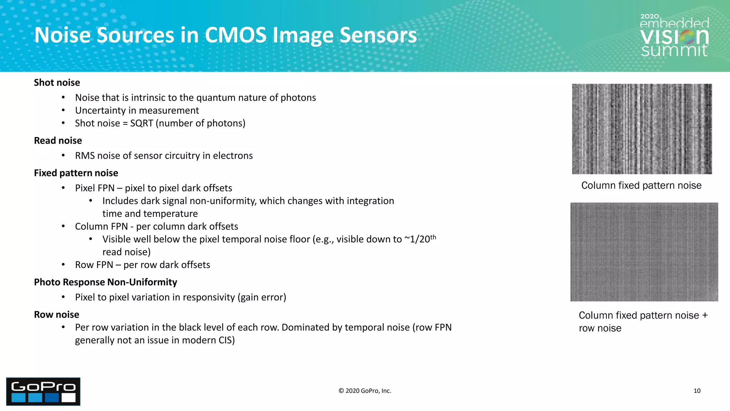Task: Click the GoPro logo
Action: [x=43, y=391]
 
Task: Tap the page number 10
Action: [x=697, y=391]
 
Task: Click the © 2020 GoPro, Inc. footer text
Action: [x=365, y=391]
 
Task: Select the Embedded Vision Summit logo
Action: [x=674, y=36]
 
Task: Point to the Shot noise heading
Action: [x=57, y=82]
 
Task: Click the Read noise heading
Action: [x=58, y=141]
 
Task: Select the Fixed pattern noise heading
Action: [x=76, y=173]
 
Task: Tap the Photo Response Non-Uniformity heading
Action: [x=106, y=282]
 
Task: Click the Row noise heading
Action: [x=57, y=315]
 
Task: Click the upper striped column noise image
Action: [x=642, y=129]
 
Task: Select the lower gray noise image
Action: [x=644, y=252]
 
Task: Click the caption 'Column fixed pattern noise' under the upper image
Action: [x=641, y=186]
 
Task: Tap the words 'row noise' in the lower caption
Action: [x=600, y=328]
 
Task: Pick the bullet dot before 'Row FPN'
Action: [x=63, y=265]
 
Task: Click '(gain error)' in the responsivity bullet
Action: [x=262, y=298]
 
